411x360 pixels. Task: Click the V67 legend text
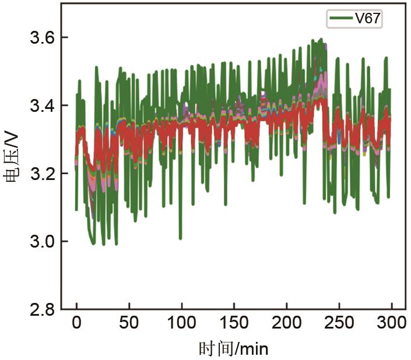pyautogui.click(x=368, y=19)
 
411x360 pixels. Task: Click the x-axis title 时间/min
pyautogui.click(x=233, y=348)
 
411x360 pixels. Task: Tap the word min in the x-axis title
pyautogui.click(x=254, y=349)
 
